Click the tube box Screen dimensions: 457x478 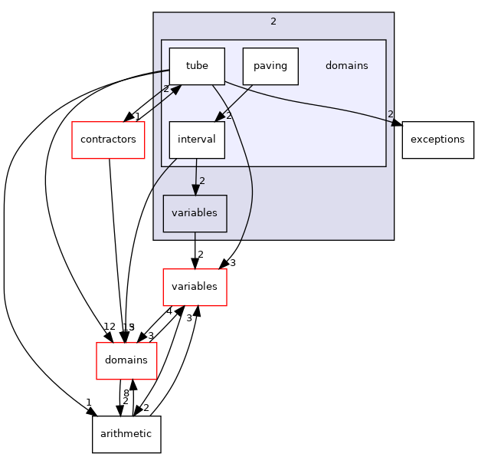197,66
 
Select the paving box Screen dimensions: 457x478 270,66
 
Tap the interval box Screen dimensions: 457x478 197,140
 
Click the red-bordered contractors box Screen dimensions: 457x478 108,140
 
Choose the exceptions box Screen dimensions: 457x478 437,140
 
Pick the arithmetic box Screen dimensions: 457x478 126,434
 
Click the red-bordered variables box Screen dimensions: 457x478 195,287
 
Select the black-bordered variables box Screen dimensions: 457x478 195,213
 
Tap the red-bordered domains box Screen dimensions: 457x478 126,360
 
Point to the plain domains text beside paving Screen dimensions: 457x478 346,66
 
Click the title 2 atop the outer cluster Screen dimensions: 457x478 273,21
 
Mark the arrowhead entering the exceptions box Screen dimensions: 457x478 396,120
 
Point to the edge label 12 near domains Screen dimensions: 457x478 110,327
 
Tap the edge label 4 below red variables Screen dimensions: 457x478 169,311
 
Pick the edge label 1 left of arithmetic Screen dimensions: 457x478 89,403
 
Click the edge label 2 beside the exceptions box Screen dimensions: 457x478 390,114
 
